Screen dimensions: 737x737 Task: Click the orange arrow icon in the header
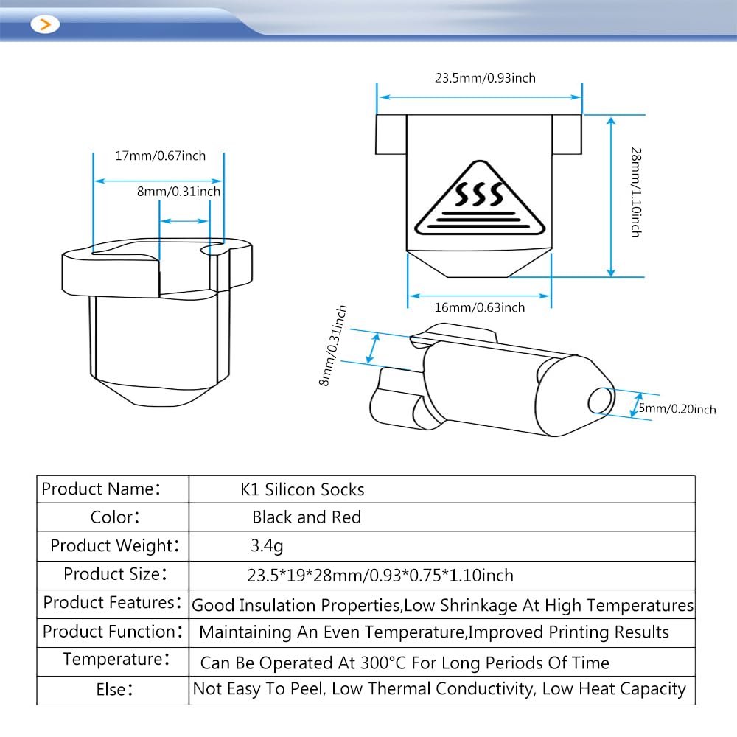pos(46,24)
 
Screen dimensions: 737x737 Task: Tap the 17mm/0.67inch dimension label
pos(160,156)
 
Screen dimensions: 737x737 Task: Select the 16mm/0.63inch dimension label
pos(479,307)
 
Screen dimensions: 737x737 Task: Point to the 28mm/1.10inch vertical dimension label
pos(635,191)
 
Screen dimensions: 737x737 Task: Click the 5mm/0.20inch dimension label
pos(677,409)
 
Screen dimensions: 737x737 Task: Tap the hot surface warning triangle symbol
pos(478,200)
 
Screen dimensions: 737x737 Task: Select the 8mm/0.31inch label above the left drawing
pos(178,192)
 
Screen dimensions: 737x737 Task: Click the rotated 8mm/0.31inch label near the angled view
pos(333,346)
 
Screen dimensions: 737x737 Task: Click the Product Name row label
pos(100,489)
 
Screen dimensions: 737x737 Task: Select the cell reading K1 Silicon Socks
pos(303,489)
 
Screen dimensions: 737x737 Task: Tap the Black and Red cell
pos(307,517)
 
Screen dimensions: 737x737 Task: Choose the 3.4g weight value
pos(267,546)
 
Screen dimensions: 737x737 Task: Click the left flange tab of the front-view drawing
pos(391,134)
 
